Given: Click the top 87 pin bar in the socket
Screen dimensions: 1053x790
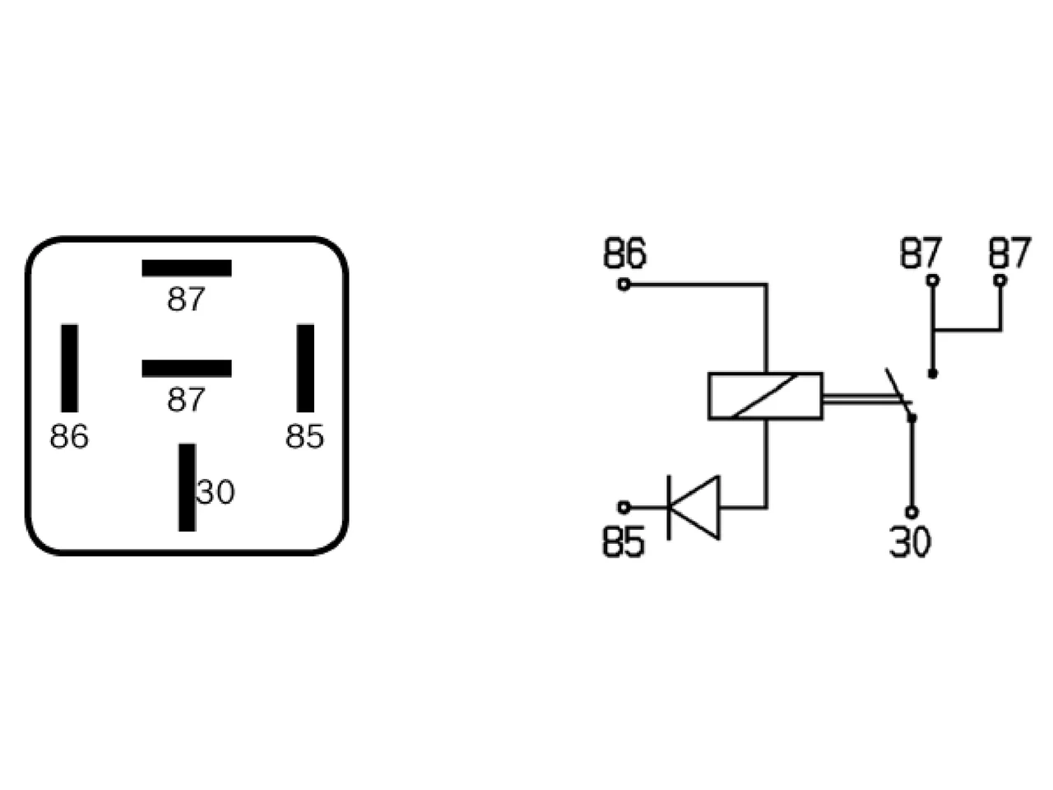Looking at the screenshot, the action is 187,268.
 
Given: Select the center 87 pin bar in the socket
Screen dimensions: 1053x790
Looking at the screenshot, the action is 187,369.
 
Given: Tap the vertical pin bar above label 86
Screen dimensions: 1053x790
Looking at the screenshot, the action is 70,368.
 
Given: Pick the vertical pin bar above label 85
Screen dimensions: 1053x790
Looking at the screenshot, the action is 305,368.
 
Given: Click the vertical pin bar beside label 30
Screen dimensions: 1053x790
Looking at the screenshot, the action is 187,487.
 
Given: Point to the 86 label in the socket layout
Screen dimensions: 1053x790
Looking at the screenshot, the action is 69,436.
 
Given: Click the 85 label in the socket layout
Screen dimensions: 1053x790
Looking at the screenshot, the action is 305,436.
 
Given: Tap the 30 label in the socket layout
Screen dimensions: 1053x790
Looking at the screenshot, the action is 216,491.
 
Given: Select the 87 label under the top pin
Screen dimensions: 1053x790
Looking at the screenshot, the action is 186,299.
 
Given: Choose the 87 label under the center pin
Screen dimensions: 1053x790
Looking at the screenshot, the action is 186,399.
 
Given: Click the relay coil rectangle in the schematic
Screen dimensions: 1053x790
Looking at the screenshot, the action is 766,396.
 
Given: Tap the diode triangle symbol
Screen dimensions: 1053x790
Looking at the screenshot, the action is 694,508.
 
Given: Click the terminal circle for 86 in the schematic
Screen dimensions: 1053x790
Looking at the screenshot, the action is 624,285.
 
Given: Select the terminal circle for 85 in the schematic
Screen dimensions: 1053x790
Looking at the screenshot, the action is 624,507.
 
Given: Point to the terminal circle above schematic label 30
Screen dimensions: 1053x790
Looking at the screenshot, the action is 912,513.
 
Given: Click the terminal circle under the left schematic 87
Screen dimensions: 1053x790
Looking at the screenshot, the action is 933,280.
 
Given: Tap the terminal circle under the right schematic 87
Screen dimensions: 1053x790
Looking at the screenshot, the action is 1000,280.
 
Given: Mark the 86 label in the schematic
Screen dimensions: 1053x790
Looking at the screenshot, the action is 624,253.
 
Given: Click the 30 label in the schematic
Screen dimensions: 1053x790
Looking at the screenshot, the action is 910,542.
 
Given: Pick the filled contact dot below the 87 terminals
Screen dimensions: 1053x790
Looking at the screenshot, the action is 933,374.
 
